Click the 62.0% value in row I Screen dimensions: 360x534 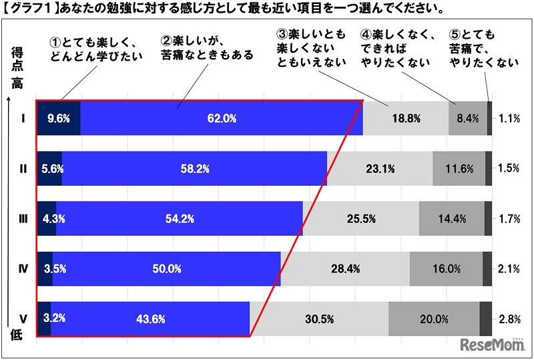222,119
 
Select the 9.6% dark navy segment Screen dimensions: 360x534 59,119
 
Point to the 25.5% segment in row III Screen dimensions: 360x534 360,218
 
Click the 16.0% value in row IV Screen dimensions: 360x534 446,268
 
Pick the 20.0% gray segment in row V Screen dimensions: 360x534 434,319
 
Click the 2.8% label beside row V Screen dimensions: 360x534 509,319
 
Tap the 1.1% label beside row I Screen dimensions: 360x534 509,119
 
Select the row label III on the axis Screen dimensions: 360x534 23,218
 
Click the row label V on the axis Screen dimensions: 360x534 23,319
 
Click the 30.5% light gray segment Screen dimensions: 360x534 318,319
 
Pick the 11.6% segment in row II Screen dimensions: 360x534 459,168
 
